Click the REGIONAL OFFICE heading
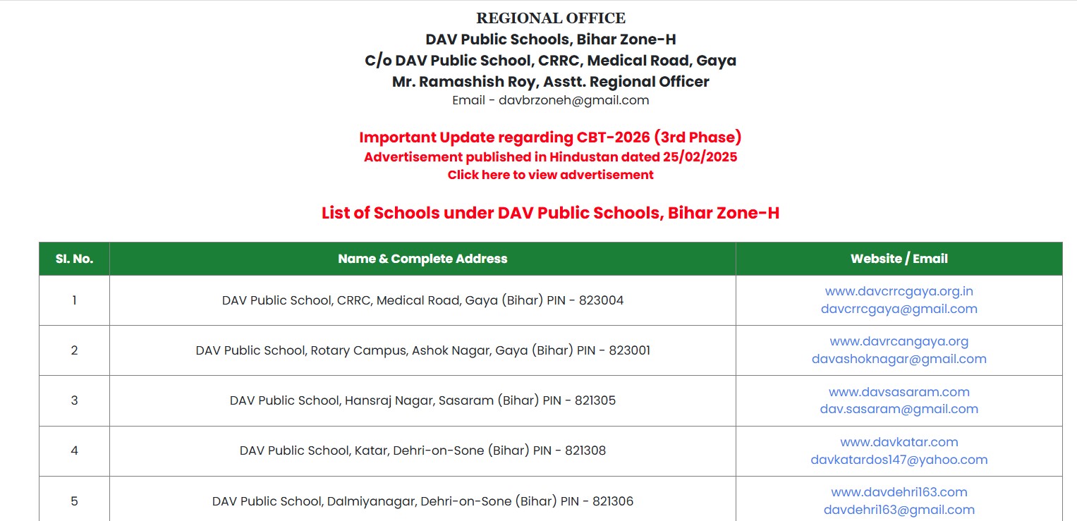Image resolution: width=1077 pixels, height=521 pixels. pyautogui.click(x=550, y=18)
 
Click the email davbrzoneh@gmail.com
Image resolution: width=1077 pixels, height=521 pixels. pyautogui.click(x=573, y=100)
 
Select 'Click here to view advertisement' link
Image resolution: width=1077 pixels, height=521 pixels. pyautogui.click(x=550, y=175)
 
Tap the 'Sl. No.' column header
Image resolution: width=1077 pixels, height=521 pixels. pyautogui.click(x=74, y=259)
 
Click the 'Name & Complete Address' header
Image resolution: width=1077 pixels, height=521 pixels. pyautogui.click(x=422, y=259)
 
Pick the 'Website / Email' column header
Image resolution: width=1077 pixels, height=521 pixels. pyautogui.click(x=899, y=259)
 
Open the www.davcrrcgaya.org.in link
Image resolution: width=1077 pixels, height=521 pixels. pyautogui.click(x=899, y=291)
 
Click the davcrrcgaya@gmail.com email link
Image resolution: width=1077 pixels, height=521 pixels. pyautogui.click(x=899, y=309)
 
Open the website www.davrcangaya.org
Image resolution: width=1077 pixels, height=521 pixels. pyautogui.click(x=899, y=341)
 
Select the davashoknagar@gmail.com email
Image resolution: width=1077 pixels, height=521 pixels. pyautogui.click(x=899, y=359)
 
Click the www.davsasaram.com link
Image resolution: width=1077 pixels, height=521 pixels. pyautogui.click(x=899, y=392)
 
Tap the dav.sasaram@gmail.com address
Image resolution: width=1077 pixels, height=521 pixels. pyautogui.click(x=899, y=409)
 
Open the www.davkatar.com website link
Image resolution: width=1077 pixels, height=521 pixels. pyautogui.click(x=899, y=442)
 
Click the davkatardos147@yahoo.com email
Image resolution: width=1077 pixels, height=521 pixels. pyautogui.click(x=899, y=460)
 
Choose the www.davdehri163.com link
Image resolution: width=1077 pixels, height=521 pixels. pyautogui.click(x=899, y=492)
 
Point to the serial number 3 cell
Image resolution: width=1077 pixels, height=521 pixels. pyautogui.click(x=74, y=400)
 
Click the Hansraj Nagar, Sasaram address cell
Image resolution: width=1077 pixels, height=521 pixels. pyautogui.click(x=422, y=400)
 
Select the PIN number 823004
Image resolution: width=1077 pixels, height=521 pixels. pyautogui.click(x=601, y=300)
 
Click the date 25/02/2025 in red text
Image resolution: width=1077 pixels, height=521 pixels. pyautogui.click(x=700, y=157)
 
